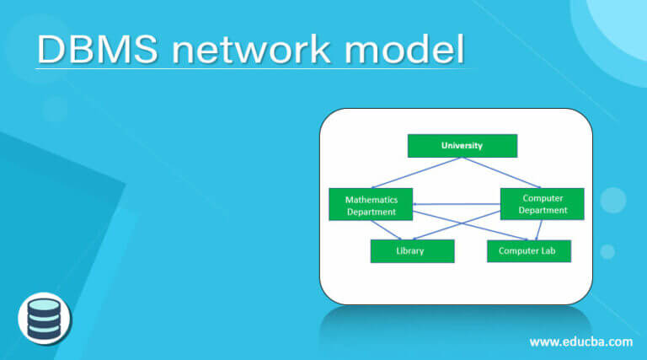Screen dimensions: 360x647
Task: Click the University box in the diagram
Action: [x=462, y=146]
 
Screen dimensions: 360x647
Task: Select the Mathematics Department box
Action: [x=371, y=205]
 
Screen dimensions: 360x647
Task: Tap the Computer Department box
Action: [x=542, y=204]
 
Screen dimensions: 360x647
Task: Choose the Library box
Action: [x=411, y=251]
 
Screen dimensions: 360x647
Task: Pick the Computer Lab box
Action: [x=528, y=251]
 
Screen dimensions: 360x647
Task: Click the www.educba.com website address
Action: [x=580, y=341]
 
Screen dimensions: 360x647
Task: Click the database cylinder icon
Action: [x=45, y=319]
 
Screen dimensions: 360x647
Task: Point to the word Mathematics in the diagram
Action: [x=371, y=199]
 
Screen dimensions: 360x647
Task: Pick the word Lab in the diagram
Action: [x=557, y=251]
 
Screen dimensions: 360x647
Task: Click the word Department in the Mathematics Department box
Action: [x=371, y=212]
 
